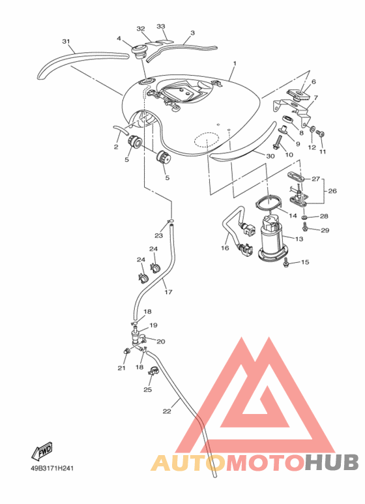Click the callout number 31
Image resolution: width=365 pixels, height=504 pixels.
coord(66,42)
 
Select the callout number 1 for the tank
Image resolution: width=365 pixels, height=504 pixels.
coord(234,63)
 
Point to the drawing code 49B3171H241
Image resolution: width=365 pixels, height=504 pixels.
coord(55,468)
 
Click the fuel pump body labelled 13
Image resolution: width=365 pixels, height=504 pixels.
coord(270,245)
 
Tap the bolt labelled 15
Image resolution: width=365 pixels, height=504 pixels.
coord(286,263)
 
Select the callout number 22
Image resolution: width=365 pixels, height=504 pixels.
coord(167,411)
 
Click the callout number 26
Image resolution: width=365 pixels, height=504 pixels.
coord(332,191)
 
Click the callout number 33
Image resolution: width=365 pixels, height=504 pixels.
coord(161,26)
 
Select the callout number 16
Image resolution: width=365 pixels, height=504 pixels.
coord(225,248)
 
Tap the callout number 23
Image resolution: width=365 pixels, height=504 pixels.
coord(158,235)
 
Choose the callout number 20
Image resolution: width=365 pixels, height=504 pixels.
coord(161,341)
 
